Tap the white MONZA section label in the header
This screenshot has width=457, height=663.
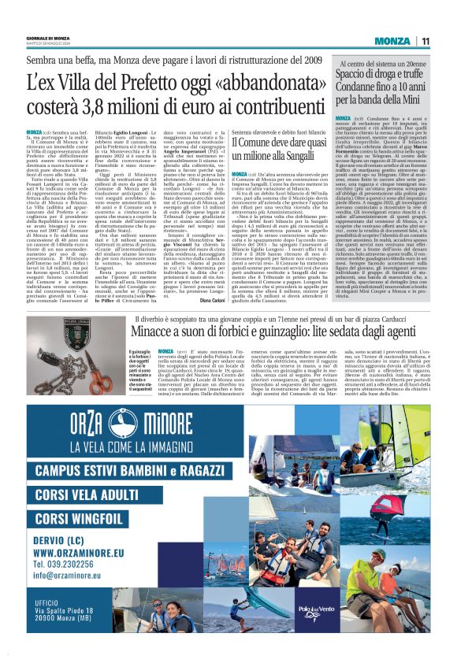(391, 41)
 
